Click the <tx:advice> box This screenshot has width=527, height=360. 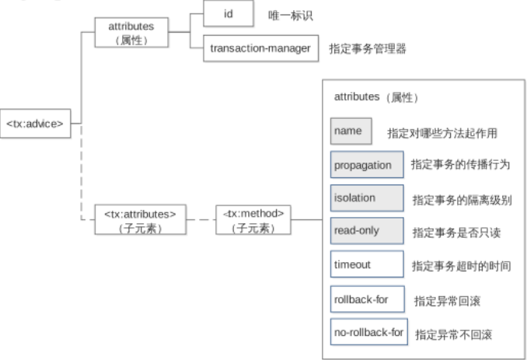point(37,121)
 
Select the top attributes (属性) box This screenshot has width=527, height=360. point(132,32)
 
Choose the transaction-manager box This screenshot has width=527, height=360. point(260,48)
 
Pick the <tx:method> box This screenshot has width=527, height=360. point(253,218)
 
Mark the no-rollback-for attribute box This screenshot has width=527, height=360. point(368,332)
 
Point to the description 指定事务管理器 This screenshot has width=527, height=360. point(368,49)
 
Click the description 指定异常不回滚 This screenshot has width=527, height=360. point(453,334)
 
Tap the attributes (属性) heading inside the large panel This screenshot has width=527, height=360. point(375,98)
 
